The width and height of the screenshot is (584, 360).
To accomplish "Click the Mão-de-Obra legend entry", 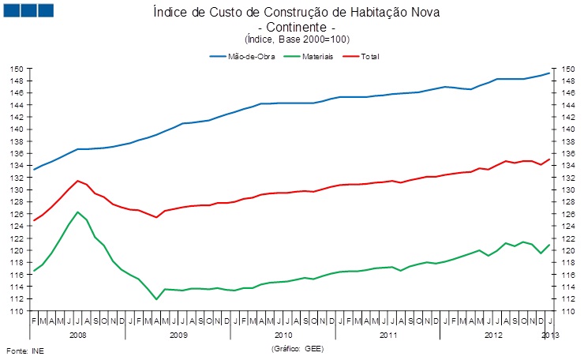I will point(249,57).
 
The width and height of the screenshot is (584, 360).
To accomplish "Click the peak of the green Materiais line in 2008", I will point(77,212).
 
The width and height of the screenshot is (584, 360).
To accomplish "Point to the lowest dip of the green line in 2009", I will point(156,299).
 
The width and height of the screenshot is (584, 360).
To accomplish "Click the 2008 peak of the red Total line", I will point(77,181).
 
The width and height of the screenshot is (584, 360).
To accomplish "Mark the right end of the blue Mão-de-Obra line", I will point(550,73).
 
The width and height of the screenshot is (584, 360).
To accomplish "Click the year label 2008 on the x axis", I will point(77,336).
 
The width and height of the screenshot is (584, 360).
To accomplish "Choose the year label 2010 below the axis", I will point(283,336).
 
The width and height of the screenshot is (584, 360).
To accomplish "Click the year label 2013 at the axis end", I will point(551,336).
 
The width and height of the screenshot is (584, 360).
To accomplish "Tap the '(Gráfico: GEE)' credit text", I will point(298,348).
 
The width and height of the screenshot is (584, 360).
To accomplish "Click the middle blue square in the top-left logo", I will point(28,10).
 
